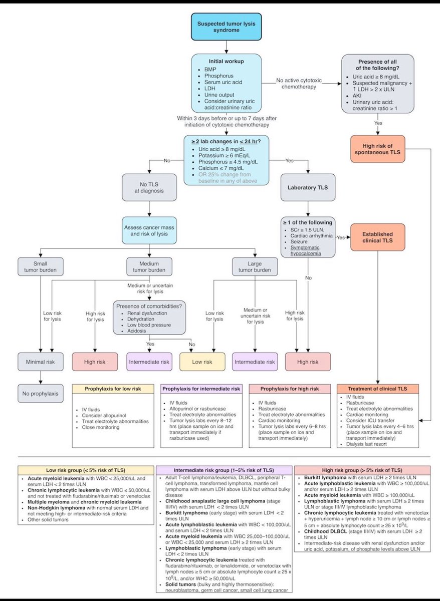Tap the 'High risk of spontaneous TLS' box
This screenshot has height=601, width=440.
376,148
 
